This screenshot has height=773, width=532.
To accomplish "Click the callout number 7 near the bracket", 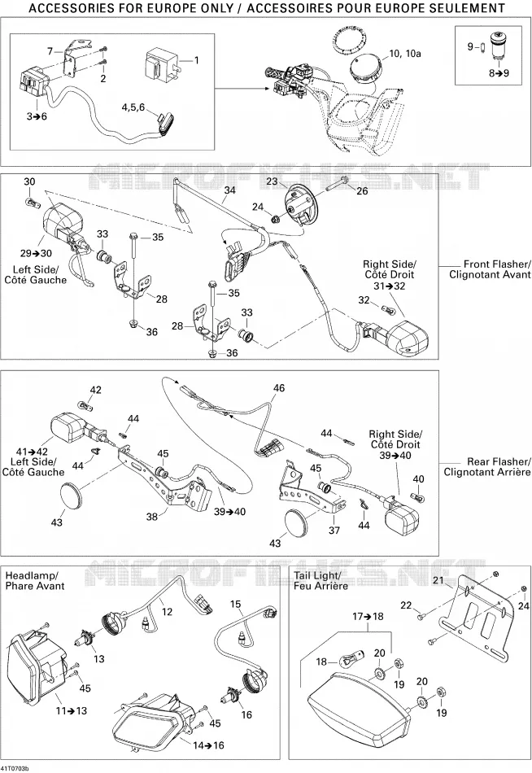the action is click(50, 50).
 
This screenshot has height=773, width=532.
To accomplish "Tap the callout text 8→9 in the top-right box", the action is click(499, 73).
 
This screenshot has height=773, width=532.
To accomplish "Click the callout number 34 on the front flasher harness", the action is click(229, 190).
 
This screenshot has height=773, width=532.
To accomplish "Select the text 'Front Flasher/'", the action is click(497, 264).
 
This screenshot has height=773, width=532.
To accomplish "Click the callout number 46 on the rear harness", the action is click(279, 388).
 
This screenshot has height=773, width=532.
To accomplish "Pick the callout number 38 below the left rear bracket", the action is click(152, 516).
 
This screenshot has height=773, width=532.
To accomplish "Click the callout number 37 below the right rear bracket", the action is click(334, 530).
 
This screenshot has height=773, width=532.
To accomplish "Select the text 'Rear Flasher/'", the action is click(499, 461).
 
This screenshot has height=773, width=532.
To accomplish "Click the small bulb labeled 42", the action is click(85, 406).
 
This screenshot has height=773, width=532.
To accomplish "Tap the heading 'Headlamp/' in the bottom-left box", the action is click(32, 575).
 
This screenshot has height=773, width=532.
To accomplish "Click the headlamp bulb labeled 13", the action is click(81, 641).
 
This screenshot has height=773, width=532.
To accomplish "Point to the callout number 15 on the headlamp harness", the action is click(236, 604).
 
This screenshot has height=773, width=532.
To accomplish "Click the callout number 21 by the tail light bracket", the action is click(438, 580).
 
